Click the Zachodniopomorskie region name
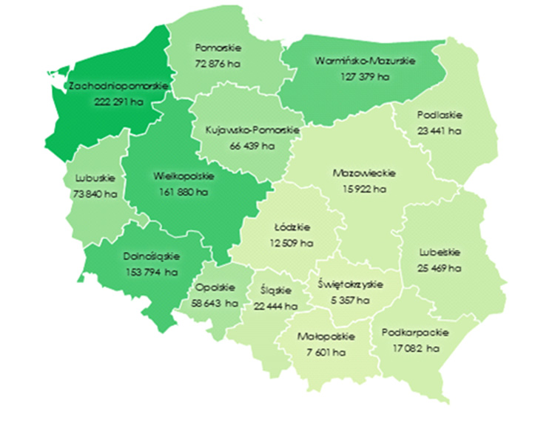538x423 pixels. point(118,86)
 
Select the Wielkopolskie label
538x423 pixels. point(184,177)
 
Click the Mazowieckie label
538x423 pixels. point(364,173)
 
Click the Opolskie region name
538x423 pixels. point(216,287)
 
